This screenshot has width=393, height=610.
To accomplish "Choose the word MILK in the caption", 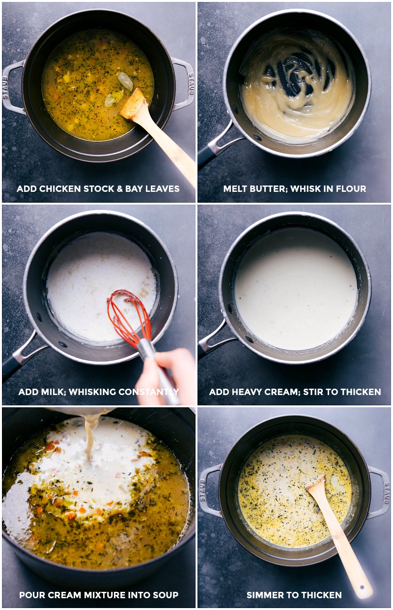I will (x=52, y=392).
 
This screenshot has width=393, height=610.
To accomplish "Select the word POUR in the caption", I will (x=31, y=595).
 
